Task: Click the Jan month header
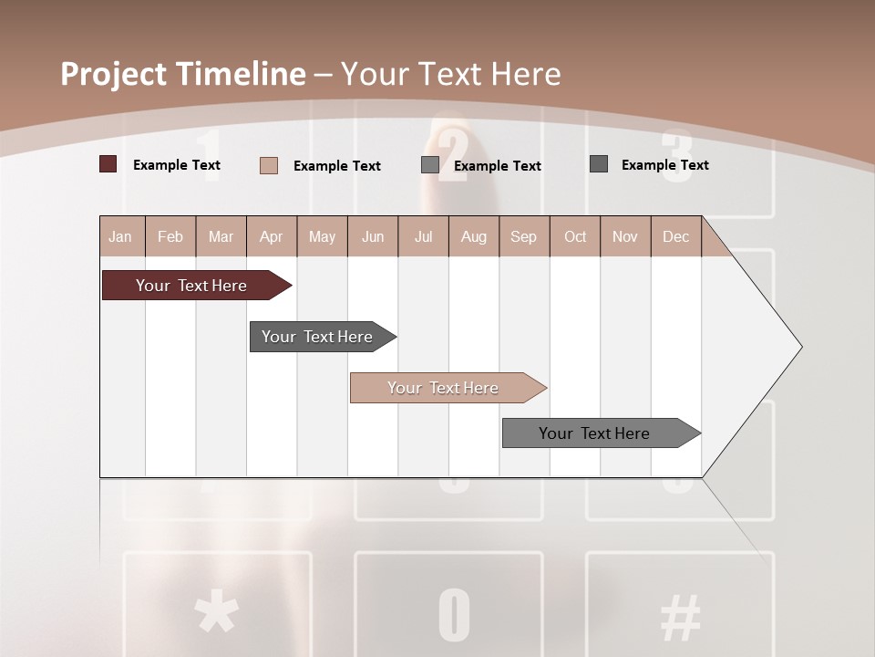120,237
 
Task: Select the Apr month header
272,237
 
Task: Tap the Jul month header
423,237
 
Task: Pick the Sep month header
523,237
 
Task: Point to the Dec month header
675,237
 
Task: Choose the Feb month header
170,237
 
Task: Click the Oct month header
575,237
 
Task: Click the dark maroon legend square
108,164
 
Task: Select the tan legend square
269,165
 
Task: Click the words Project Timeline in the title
182,74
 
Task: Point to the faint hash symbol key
680,616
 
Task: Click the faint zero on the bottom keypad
454,615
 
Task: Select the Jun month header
373,237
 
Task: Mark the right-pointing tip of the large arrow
800,347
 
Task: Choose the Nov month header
625,237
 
